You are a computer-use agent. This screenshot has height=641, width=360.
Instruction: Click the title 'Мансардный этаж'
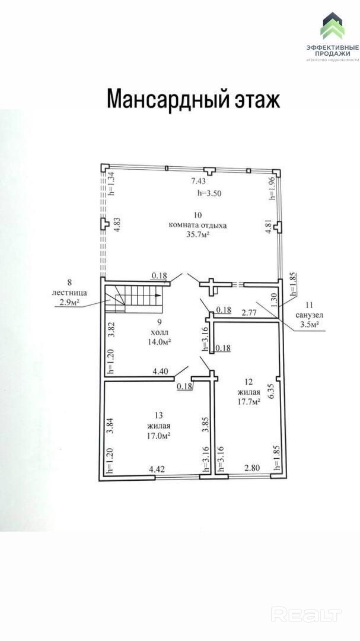(193, 99)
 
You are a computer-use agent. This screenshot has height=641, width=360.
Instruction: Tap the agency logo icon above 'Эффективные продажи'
(332, 26)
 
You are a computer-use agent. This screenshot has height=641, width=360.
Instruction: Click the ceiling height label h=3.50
(209, 193)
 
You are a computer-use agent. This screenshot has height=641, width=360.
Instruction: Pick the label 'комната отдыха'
(197, 225)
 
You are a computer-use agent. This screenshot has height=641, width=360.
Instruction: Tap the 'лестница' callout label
(69, 293)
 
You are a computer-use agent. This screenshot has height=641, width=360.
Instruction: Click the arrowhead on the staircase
(158, 295)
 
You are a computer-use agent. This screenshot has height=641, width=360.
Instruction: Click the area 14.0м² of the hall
(158, 341)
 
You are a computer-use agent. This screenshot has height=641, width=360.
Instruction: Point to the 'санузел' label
(309, 316)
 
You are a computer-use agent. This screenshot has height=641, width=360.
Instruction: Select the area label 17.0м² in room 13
(158, 436)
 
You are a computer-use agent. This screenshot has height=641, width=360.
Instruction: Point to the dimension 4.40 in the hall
(160, 372)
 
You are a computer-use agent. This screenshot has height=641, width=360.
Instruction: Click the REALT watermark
(306, 614)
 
